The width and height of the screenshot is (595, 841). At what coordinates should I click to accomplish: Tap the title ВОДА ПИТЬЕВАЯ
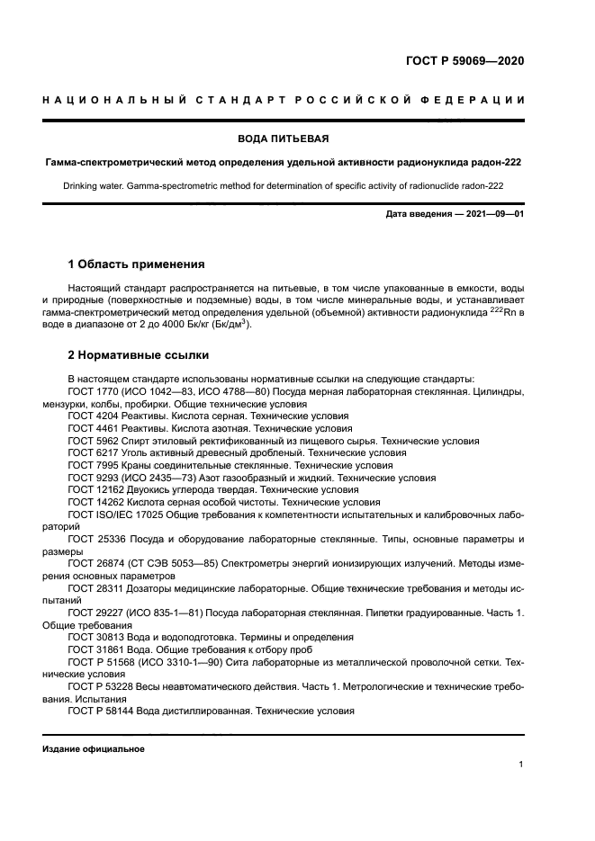pyautogui.click(x=283, y=139)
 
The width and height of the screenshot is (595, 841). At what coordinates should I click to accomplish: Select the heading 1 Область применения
pyautogui.click(x=136, y=264)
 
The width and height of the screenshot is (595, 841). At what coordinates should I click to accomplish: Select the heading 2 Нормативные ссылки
pyautogui.click(x=138, y=355)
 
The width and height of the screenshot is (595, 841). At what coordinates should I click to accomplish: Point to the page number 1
pyautogui.click(x=521, y=765)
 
